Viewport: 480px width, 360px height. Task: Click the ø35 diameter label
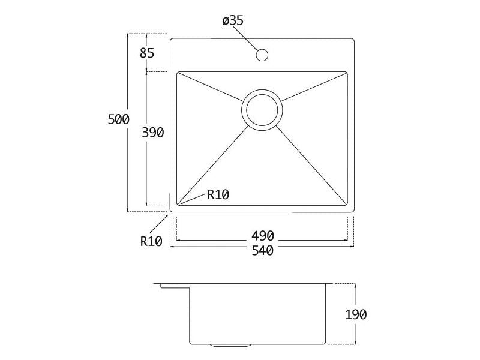(232, 21)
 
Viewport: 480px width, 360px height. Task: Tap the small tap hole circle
(262, 55)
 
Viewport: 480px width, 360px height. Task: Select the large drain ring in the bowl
(262, 110)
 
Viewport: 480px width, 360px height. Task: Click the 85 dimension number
(147, 53)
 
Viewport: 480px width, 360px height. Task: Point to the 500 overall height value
(118, 119)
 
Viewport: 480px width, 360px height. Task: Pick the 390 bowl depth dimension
(153, 132)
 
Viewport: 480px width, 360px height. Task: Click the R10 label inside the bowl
(218, 194)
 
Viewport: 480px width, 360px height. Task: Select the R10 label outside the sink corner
(151, 241)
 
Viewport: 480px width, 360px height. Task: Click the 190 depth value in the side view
(356, 314)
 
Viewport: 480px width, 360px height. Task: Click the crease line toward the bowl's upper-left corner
(211, 86)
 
